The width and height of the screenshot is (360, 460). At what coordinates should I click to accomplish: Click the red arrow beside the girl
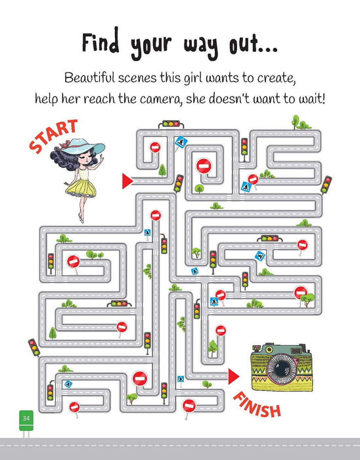click(127, 178)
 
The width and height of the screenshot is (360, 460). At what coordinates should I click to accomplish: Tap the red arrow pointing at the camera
click(234, 375)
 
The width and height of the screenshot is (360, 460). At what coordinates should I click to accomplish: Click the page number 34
click(26, 417)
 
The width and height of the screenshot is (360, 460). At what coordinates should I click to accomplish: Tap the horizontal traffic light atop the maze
click(172, 123)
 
